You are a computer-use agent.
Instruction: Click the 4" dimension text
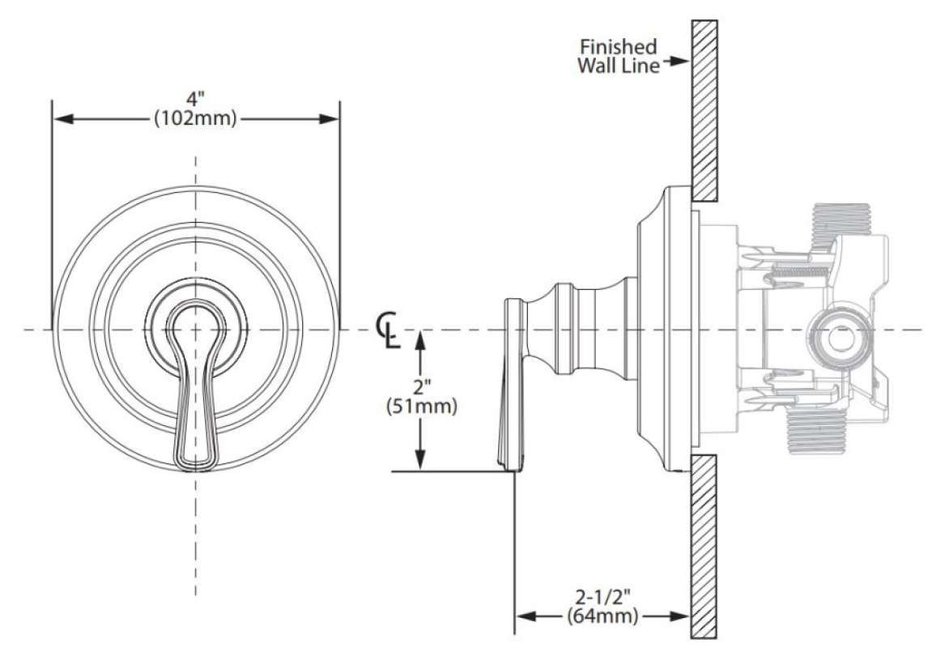(195, 99)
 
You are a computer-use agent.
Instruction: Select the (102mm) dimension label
(195, 118)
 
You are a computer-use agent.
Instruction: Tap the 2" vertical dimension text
(422, 388)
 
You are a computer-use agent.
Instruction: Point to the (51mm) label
(421, 407)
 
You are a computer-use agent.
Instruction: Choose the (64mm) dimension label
(602, 616)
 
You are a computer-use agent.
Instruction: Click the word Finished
(619, 46)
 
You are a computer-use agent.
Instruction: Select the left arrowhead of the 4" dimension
(63, 118)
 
